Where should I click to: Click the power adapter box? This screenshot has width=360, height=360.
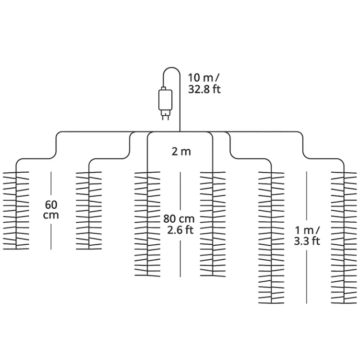click(165, 100)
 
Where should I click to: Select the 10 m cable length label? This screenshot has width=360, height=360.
click(204, 78)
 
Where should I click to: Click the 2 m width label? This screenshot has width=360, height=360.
click(181, 152)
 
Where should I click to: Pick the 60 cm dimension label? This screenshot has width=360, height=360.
click(51, 210)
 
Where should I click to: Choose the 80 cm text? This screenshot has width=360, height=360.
click(179, 219)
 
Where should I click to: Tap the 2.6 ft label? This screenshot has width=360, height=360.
click(180, 230)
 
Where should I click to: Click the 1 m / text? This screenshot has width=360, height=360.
click(307, 230)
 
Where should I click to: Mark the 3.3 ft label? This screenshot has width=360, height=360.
click(307, 241)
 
